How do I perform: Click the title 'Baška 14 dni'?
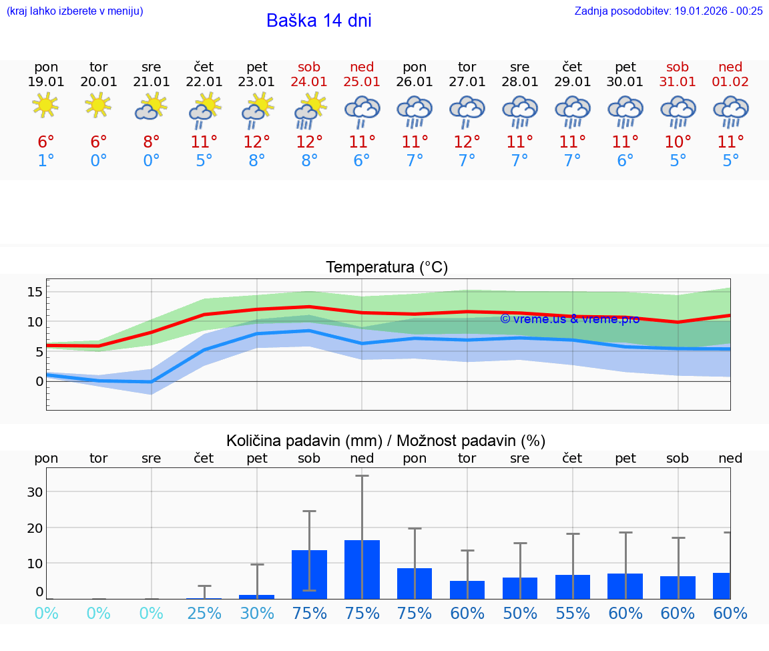coord(318,21)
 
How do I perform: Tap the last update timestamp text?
coord(668,11)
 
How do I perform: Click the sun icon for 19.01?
coord(45,105)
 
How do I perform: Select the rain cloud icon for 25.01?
coord(362,110)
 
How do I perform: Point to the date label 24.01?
coord(309,82)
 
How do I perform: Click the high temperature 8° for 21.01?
coord(152,142)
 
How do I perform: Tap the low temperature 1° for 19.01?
coord(45,161)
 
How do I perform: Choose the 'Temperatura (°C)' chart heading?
coord(387,268)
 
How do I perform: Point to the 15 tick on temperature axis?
coord(35,292)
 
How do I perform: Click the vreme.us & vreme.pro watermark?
coord(569,319)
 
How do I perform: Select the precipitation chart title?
coord(386,441)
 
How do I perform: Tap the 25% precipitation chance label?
coord(204,614)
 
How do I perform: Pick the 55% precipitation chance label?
coord(572,614)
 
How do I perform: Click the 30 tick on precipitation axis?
coord(34,492)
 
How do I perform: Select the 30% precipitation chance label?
coord(257,614)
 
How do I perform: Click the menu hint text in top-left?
coord(75,11)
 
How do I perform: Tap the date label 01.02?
coord(730,82)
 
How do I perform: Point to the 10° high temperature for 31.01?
coord(678,142)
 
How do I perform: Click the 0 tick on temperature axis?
coord(39,381)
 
